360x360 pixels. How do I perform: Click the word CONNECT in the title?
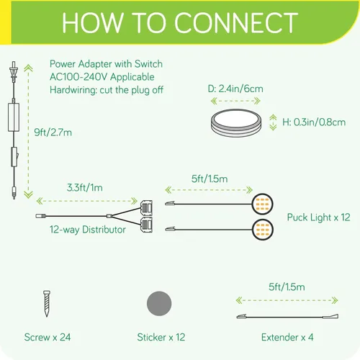pyautogui.click(x=236, y=23)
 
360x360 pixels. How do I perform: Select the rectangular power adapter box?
pyautogui.click(x=14, y=117)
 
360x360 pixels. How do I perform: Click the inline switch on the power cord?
pyautogui.click(x=14, y=157)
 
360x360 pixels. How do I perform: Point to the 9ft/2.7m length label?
pyautogui.click(x=53, y=132)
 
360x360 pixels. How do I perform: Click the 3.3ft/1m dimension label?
pyautogui.click(x=85, y=187)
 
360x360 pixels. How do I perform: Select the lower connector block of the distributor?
pyautogui.click(x=146, y=225)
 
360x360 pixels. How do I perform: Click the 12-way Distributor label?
pyautogui.click(x=88, y=230)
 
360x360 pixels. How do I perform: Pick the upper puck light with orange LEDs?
pyautogui.click(x=262, y=204)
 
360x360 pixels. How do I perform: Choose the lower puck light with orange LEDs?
pyautogui.click(x=262, y=230)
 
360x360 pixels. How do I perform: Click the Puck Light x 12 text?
pyautogui.click(x=318, y=217)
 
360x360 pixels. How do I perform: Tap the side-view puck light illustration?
pyautogui.click(x=236, y=123)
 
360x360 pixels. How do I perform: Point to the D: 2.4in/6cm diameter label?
pyautogui.click(x=235, y=89)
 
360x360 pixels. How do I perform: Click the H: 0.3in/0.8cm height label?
pyautogui.click(x=314, y=122)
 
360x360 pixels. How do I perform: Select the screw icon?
pyautogui.click(x=47, y=303)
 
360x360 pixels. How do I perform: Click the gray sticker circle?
pyautogui.click(x=159, y=304)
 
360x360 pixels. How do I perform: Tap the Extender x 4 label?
pyautogui.click(x=287, y=337)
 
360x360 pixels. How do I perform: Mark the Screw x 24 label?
pyautogui.click(x=48, y=337)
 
